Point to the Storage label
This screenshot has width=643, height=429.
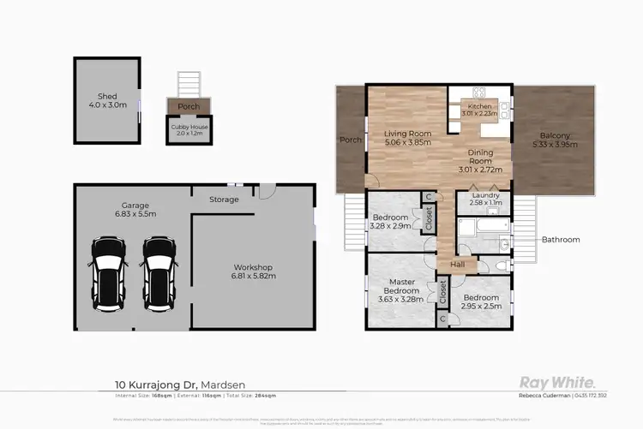(x=225, y=200)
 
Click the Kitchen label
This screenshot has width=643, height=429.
(x=479, y=106)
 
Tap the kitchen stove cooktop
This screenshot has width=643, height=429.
(x=480, y=92)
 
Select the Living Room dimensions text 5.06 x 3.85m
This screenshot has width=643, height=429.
(x=406, y=143)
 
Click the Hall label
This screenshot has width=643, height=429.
(x=457, y=265)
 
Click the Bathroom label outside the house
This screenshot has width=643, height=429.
(x=560, y=240)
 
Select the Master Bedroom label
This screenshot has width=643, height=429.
(x=402, y=287)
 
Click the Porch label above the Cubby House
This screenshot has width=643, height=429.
(x=189, y=106)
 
